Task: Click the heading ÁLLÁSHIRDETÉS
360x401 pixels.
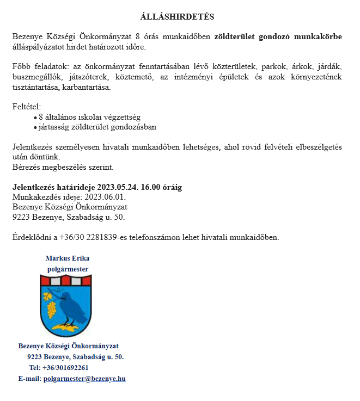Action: click(177, 17)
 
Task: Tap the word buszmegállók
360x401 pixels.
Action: click(36, 77)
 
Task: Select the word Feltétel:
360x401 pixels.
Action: click(27, 107)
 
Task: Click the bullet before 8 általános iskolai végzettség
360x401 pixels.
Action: click(35, 117)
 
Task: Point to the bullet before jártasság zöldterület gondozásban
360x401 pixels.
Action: click(35, 127)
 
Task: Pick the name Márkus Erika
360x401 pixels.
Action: click(67, 258)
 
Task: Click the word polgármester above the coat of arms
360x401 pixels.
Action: click(67, 269)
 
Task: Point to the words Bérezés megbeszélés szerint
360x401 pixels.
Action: click(63, 167)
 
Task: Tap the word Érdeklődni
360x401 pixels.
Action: click(32, 237)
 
